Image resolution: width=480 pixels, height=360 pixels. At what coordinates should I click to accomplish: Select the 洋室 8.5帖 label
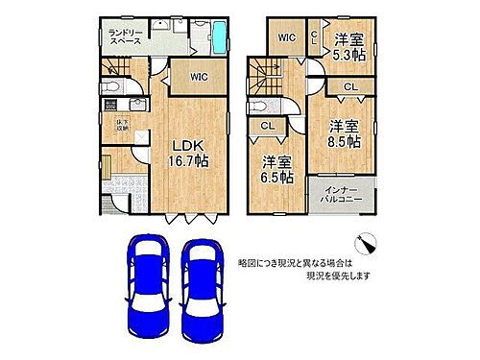[344, 133]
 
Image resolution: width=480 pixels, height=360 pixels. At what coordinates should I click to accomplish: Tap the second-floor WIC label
[286, 38]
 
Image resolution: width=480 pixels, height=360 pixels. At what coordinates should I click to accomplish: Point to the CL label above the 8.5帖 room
[351, 88]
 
